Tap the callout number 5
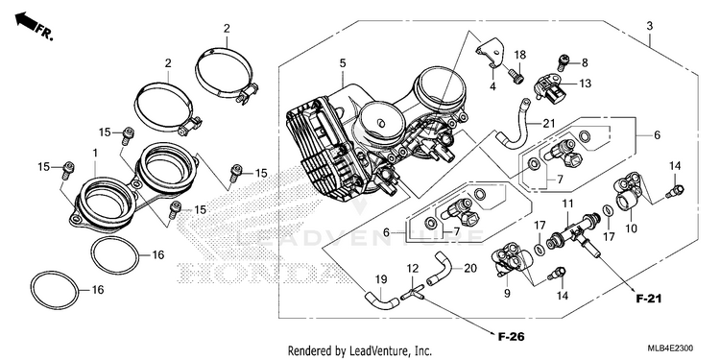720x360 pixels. [343, 63]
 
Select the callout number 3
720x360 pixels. [649, 26]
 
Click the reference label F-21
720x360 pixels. [649, 299]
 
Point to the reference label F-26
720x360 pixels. [511, 337]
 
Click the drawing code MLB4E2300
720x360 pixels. [671, 348]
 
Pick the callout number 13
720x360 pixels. [585, 84]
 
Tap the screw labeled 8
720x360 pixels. [562, 62]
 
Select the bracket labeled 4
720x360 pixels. [491, 54]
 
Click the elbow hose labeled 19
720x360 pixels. [381, 300]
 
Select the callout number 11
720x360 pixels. [568, 203]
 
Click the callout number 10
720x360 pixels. [632, 228]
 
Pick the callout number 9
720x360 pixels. [507, 293]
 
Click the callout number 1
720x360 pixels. [95, 152]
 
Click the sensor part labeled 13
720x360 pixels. [551, 87]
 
